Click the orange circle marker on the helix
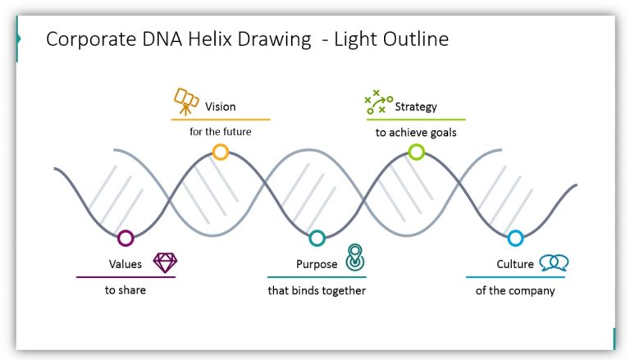220,151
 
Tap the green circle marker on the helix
417,151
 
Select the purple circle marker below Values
126,239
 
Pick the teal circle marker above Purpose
317,239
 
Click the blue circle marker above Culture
515,239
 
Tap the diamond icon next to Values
165,262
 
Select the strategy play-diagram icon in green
377,103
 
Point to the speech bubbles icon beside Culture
554,262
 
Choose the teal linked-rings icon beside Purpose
354,258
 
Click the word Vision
220,107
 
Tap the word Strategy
416,107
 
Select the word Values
126,264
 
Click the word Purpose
317,264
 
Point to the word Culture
515,264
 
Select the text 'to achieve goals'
416,132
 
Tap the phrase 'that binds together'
317,290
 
